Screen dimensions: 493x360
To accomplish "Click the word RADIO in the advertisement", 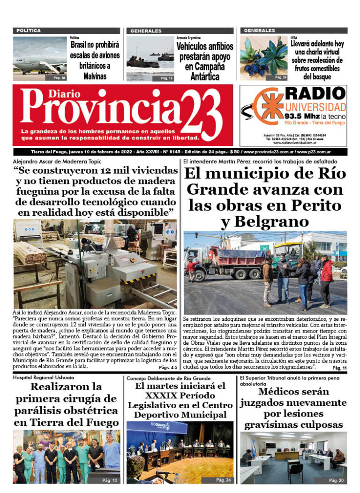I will (x=316, y=92).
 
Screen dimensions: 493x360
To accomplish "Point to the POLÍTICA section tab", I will (x=29, y=30).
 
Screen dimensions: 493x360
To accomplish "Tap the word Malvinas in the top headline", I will (x=96, y=76).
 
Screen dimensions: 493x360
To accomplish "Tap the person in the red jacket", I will (x=326, y=277).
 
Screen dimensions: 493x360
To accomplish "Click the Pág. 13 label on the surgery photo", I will (x=109, y=480).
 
